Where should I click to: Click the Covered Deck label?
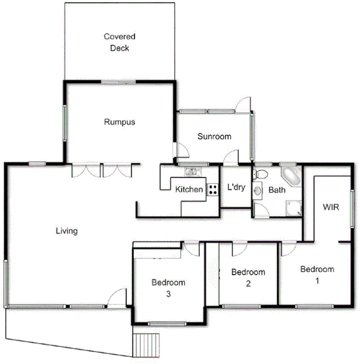119,42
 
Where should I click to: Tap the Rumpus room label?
120,122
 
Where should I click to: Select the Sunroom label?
214,137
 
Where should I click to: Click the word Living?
66,231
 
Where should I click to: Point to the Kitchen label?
189,190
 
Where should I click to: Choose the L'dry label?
236,188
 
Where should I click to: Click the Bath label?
277,190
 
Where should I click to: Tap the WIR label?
331,207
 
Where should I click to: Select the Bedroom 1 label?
317,275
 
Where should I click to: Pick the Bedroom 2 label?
248,278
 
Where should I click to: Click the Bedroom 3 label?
168,288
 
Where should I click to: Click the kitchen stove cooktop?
213,190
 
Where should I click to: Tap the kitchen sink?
191,172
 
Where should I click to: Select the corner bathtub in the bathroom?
290,176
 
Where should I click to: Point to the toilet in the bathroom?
261,174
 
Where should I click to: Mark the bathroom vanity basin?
257,190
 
